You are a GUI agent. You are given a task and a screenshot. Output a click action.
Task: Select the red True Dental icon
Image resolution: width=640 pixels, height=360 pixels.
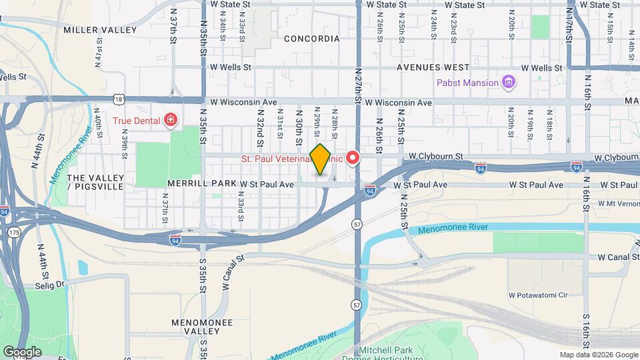(171, 120)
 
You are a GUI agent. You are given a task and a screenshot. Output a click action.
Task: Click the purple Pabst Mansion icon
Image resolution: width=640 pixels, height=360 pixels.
(509, 83)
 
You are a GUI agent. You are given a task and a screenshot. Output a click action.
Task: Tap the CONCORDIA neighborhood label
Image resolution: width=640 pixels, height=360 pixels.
(312, 39)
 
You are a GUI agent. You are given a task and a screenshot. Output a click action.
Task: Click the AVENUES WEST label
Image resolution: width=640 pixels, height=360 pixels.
(433, 67)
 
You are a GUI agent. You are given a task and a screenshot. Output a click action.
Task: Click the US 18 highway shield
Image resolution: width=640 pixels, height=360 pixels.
(119, 99)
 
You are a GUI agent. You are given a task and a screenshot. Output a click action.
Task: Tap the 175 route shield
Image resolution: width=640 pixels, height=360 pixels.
(15, 231)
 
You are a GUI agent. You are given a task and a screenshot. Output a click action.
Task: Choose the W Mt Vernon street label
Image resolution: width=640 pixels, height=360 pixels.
(618, 203)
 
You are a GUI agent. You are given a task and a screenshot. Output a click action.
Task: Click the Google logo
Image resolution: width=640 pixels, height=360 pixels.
(22, 352)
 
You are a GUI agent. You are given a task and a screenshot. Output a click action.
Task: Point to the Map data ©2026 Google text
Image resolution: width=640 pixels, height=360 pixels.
(598, 355)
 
